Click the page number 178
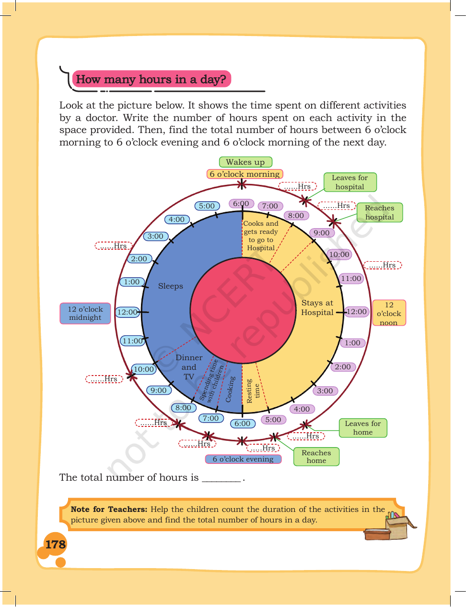click(56, 544)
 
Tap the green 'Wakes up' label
click(245, 162)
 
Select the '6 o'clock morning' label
click(245, 174)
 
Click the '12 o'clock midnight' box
click(85, 314)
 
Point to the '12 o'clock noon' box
click(389, 313)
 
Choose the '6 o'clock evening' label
click(243, 459)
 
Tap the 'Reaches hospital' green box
click(380, 213)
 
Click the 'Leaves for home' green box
click(363, 428)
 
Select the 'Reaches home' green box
click(316, 456)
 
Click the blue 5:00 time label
click(207, 206)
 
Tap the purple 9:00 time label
click(322, 233)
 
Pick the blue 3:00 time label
click(156, 236)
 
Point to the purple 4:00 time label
click(302, 409)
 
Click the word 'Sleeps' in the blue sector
click(170, 286)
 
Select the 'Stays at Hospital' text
click(317, 307)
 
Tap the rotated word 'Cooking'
click(230, 389)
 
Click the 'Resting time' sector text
click(253, 391)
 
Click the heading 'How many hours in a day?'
click(151, 79)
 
